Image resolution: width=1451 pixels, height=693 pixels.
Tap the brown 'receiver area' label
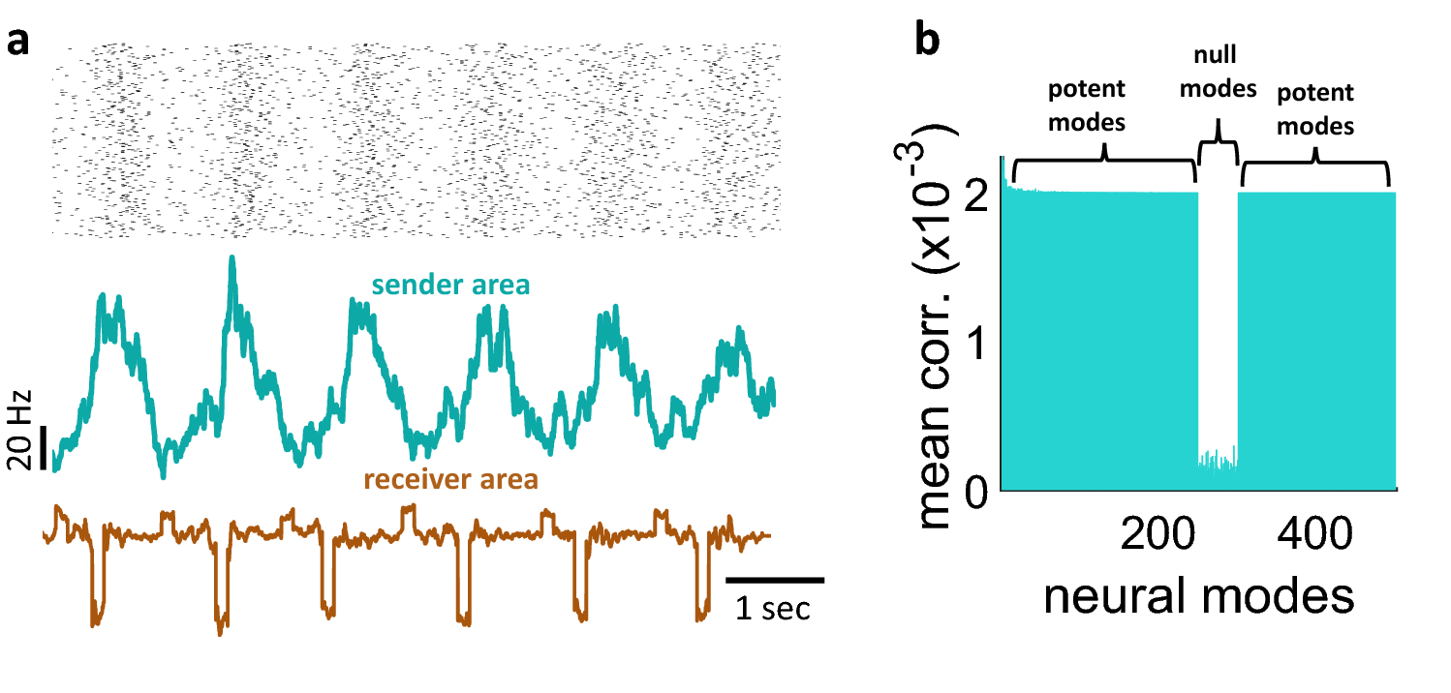click(x=450, y=479)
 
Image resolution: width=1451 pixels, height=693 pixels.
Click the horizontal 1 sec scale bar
click(x=775, y=580)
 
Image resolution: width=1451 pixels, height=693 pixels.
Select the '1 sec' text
click(x=772, y=611)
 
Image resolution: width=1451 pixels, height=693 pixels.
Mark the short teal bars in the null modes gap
click(x=1219, y=460)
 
